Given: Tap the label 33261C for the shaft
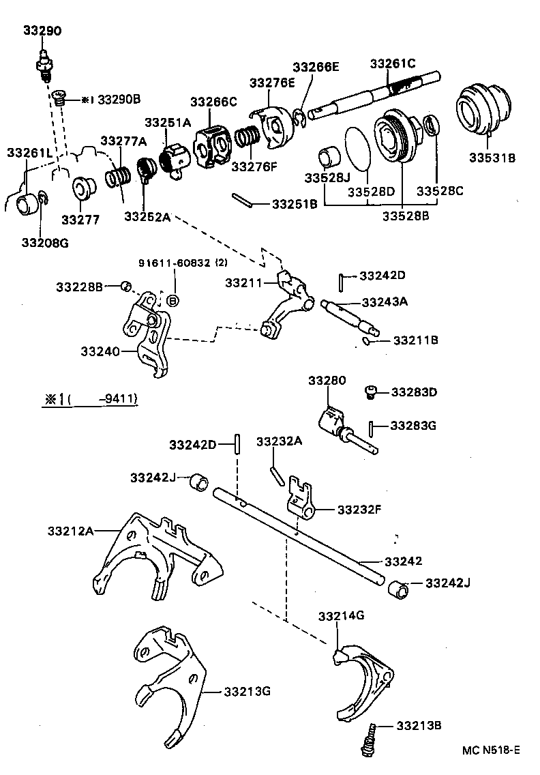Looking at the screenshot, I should (392, 63).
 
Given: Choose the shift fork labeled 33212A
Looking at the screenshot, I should (157, 559).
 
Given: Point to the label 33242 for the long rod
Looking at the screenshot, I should (403, 561).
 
